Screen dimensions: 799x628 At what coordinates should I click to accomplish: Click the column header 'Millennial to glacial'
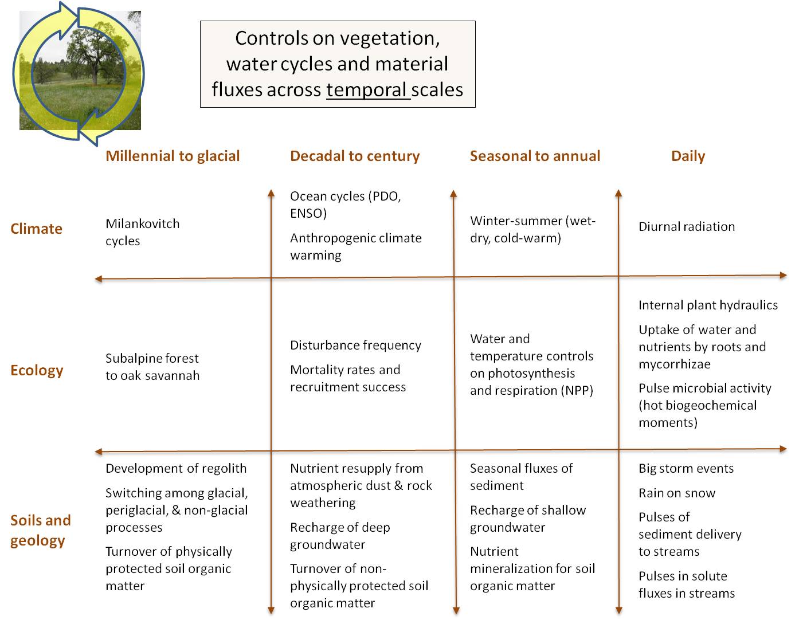[173, 156]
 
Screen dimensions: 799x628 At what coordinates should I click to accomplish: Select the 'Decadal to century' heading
[355, 156]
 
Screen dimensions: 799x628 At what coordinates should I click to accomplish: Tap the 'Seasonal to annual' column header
[535, 156]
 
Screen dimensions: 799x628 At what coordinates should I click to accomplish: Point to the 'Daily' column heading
[688, 156]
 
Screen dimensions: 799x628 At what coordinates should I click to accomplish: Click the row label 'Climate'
[36, 229]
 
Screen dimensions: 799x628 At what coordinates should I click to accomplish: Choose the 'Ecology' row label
[37, 370]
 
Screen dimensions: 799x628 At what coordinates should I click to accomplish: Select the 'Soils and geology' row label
[41, 531]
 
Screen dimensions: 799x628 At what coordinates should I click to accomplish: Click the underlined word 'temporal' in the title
[366, 90]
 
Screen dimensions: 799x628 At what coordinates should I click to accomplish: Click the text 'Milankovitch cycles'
[143, 232]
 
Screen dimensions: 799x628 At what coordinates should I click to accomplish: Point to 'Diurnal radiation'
[687, 226]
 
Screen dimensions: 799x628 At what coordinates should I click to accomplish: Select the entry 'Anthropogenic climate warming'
[356, 246]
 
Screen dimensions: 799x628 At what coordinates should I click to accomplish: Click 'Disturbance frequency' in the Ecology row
[356, 345]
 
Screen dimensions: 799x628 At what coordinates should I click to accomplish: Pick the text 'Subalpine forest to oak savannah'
[152, 367]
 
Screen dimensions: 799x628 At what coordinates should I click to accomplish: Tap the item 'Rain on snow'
[677, 493]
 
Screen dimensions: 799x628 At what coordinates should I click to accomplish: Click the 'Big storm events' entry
[686, 468]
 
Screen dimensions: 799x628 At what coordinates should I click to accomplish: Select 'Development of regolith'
[176, 468]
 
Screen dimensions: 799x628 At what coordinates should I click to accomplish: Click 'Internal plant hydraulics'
[708, 305]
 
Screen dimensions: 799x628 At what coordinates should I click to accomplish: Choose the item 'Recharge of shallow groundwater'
[528, 519]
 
